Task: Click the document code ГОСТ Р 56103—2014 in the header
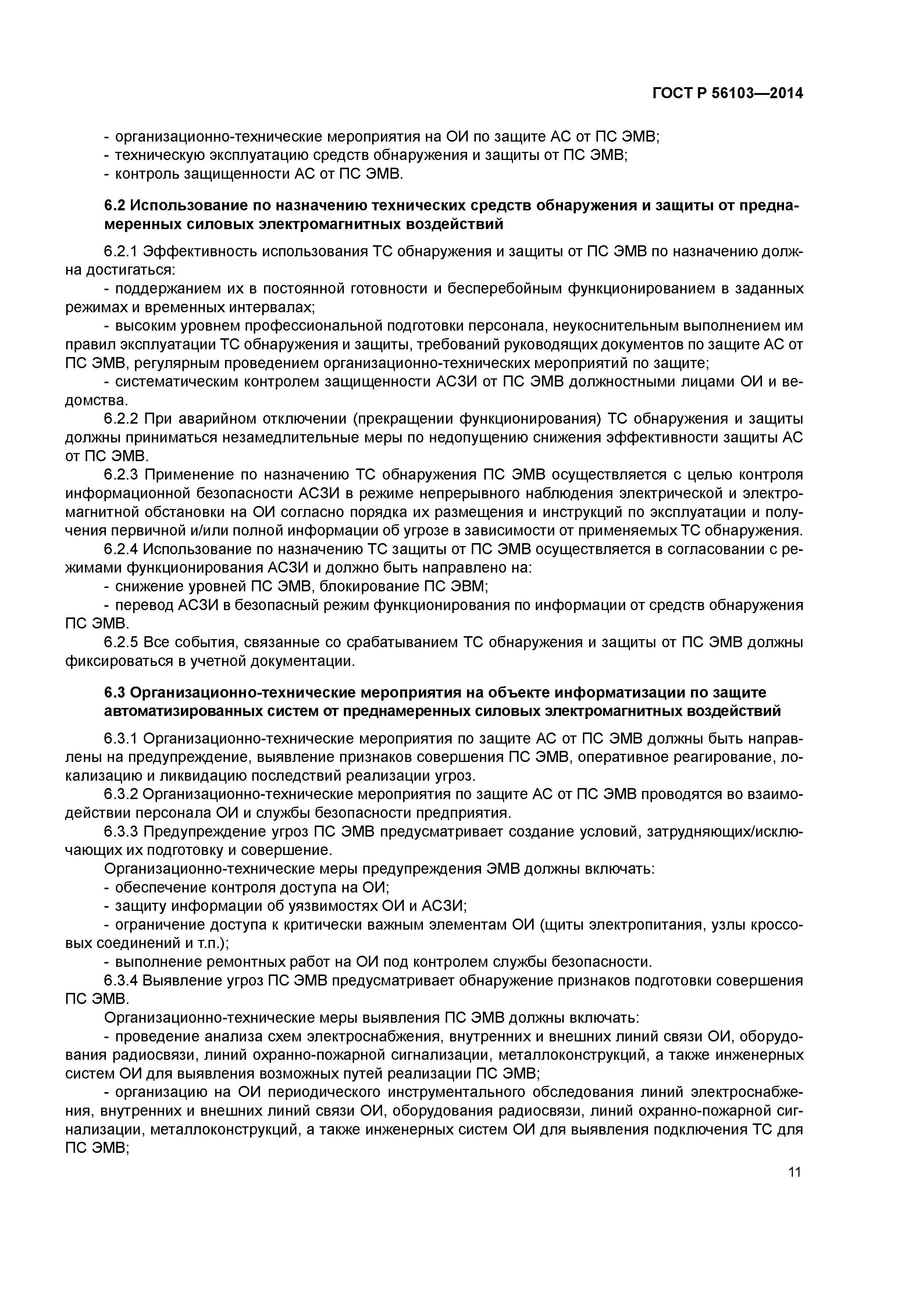click(727, 93)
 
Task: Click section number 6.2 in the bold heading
click(115, 205)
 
